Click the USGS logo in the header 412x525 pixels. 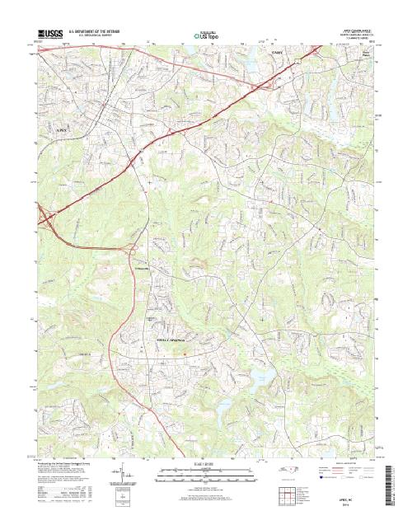[49, 31]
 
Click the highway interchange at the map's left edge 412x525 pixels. [44, 216]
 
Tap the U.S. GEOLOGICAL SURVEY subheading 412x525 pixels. [90, 35]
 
